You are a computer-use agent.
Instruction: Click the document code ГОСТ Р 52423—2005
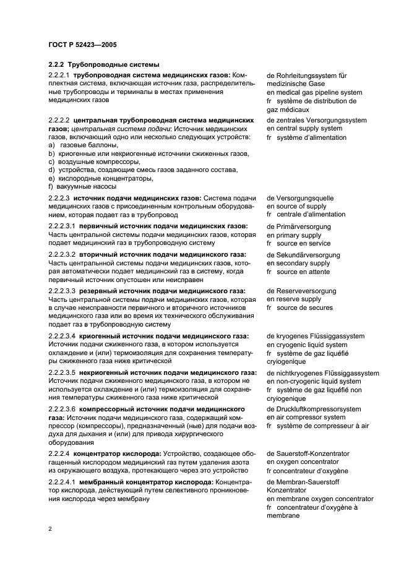click(x=82, y=45)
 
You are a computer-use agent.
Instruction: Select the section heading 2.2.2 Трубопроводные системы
click(x=103, y=65)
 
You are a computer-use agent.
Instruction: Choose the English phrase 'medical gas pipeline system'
click(x=319, y=92)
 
